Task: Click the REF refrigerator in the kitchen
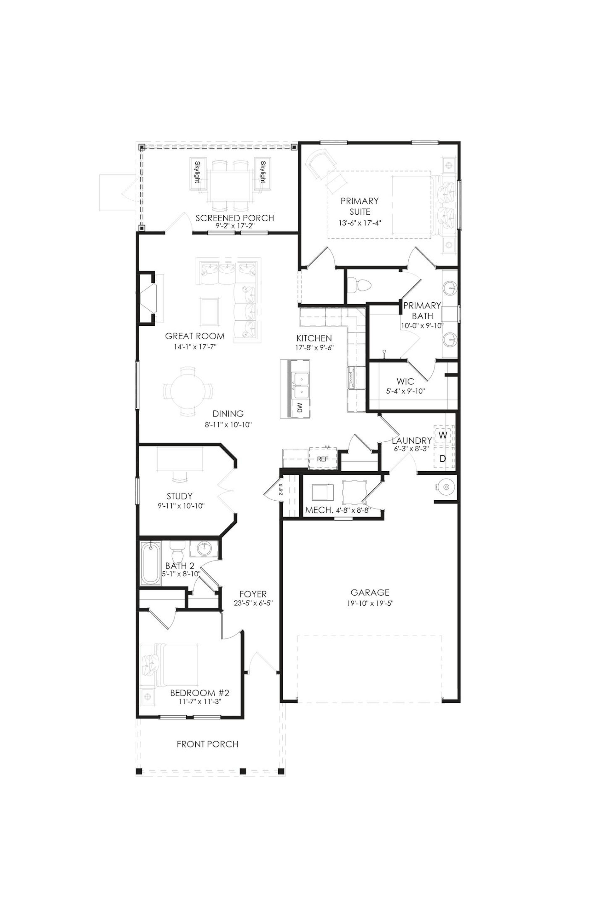click(323, 459)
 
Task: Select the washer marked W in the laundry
click(443, 435)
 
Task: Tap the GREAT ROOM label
click(195, 336)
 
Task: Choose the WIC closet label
click(405, 382)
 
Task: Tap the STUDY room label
click(180, 496)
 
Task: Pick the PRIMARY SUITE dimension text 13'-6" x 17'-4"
click(360, 223)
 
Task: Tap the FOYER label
click(253, 594)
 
